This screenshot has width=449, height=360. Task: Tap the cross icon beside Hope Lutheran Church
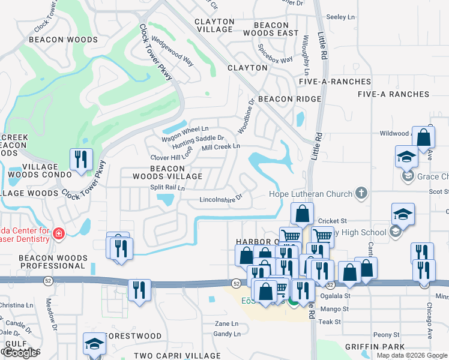tap(361, 193)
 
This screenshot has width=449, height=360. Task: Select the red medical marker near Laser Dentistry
tap(59, 233)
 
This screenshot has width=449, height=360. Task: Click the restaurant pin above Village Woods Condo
tap(81, 160)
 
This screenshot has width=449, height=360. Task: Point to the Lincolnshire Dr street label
tap(220, 198)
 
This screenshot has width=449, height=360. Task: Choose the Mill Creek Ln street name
tap(220, 146)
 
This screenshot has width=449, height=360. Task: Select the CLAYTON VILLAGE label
tap(214, 25)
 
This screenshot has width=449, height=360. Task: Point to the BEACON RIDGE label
tap(289, 99)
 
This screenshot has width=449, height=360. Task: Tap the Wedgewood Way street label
tap(172, 52)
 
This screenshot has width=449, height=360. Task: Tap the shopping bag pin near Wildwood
tap(423, 138)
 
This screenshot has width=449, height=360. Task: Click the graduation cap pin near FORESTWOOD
tap(94, 344)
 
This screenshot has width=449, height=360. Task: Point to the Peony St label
tap(386, 335)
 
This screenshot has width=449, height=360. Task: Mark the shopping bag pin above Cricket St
tap(302, 214)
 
